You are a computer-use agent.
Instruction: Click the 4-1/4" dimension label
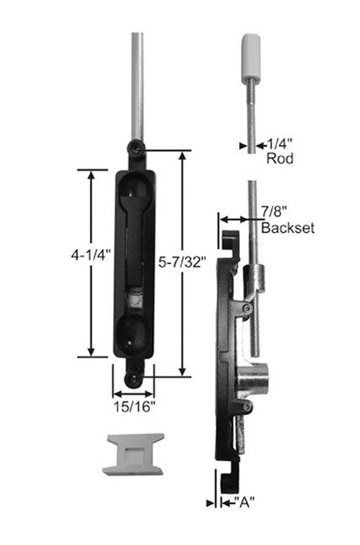pyautogui.click(x=91, y=256)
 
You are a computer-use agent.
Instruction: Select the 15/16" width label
pyautogui.click(x=134, y=407)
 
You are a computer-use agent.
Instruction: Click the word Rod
pyautogui.click(x=279, y=158)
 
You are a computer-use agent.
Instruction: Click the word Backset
pyautogui.click(x=288, y=228)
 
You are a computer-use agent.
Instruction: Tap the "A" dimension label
pyautogui.click(x=244, y=502)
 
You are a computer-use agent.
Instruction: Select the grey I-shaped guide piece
pyautogui.click(x=133, y=454)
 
